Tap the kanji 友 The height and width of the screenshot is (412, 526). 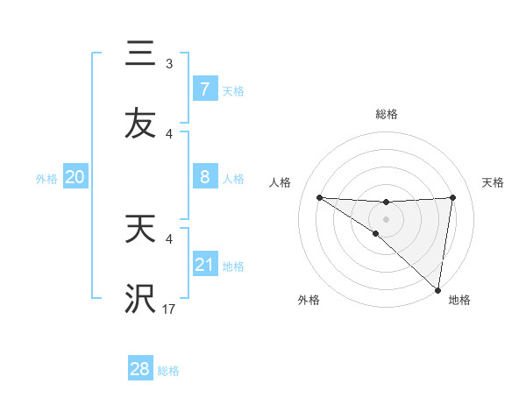140,123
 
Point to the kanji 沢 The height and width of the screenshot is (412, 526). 140,299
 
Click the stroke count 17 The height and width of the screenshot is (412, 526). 169,309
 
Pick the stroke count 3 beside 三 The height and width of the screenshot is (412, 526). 169,63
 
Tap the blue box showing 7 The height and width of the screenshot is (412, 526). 204,89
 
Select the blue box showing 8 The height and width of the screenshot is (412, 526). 204,177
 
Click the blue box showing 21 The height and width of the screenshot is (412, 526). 204,265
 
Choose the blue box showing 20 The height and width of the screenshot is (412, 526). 75,177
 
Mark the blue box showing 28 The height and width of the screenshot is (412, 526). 140,369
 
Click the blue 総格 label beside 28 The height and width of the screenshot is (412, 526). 169,371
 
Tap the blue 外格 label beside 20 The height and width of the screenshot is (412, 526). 46,179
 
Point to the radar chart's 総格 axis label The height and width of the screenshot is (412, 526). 387,114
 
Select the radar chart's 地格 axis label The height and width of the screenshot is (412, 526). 459,300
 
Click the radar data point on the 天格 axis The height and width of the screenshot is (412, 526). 453,197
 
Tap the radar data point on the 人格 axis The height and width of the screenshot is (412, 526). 319,197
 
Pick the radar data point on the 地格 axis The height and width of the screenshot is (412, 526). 438,290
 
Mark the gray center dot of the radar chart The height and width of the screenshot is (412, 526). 387,218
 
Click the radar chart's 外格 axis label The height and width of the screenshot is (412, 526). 309,300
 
